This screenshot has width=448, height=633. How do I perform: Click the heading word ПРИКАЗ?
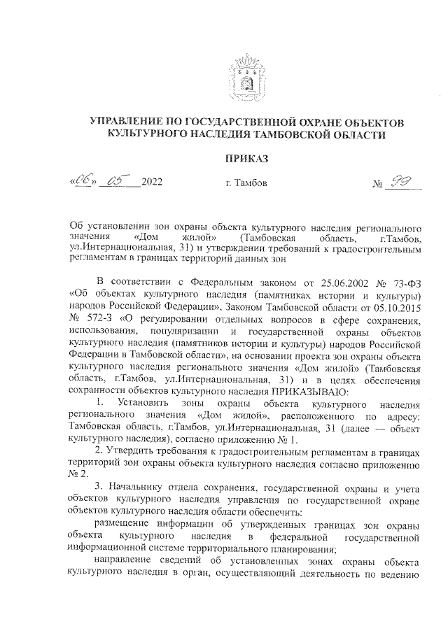(x=246, y=158)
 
